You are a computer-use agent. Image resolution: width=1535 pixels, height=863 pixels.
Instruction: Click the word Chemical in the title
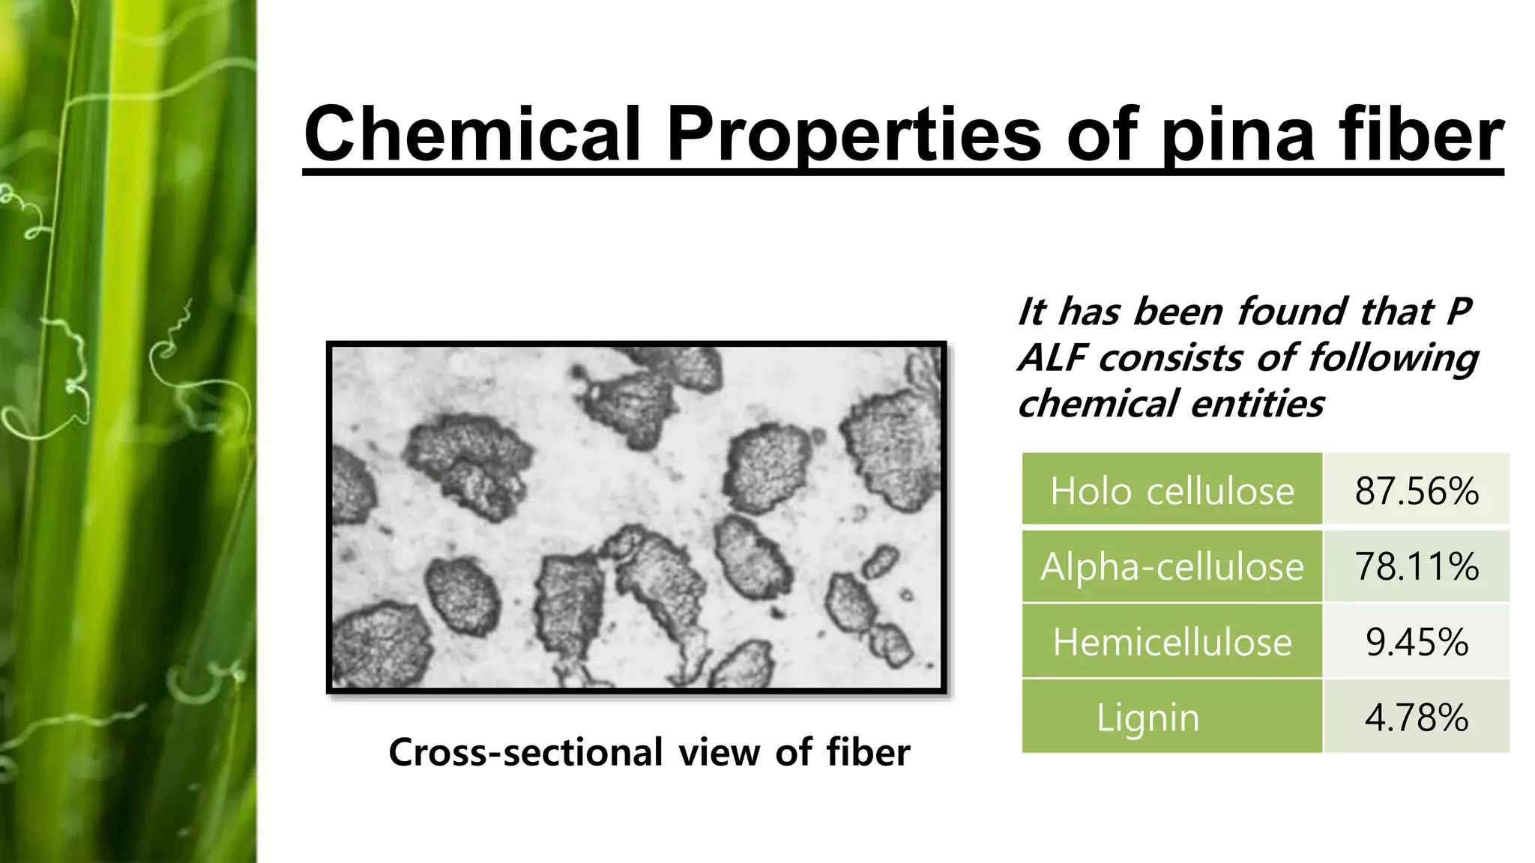[x=472, y=135]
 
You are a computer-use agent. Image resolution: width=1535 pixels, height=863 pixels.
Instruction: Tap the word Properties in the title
[x=854, y=135]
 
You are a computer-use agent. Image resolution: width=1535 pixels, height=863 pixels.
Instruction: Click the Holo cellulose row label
[x=1171, y=491]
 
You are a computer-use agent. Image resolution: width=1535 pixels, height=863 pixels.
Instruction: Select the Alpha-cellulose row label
[x=1171, y=566]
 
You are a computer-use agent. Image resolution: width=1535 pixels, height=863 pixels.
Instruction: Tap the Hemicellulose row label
[x=1171, y=642]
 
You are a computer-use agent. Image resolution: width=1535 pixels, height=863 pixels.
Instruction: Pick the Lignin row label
[x=1148, y=718]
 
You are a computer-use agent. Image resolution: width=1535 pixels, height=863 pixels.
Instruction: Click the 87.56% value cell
[x=1416, y=491]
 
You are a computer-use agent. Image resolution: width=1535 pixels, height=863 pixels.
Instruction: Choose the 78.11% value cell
[x=1416, y=566]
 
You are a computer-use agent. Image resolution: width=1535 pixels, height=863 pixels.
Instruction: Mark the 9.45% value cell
[x=1416, y=642]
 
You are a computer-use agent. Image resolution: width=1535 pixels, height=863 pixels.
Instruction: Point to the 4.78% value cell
[x=1416, y=718]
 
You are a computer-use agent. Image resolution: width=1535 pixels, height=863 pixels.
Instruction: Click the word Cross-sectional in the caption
[x=525, y=752]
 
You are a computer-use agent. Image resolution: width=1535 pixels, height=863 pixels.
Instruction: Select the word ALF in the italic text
[x=1053, y=358]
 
